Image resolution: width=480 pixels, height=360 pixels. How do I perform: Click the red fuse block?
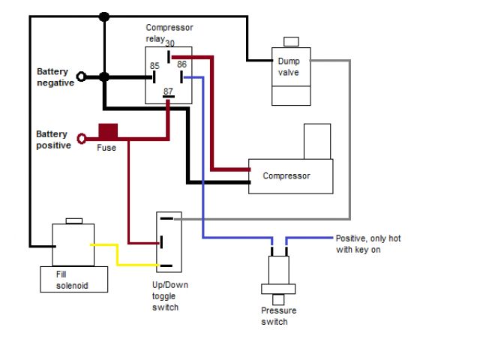pyautogui.click(x=109, y=131)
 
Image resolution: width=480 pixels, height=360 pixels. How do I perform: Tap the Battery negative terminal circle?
pyautogui.click(x=81, y=76)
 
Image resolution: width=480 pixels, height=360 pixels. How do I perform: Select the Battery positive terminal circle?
pyautogui.click(x=81, y=139)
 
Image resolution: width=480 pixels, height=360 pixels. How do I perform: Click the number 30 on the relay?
pyautogui.click(x=170, y=43)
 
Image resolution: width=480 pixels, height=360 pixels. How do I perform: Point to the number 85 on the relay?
pyautogui.click(x=154, y=66)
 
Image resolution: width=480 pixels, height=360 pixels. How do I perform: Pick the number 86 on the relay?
pyautogui.click(x=181, y=66)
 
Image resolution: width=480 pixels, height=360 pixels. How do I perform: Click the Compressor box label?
pyautogui.click(x=286, y=177)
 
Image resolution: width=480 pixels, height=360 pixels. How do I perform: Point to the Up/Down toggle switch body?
pyautogui.click(x=168, y=241)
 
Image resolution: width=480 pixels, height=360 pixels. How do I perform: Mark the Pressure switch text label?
pyautogui.click(x=279, y=316)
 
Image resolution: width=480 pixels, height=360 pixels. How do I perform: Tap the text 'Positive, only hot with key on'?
pyautogui.click(x=367, y=243)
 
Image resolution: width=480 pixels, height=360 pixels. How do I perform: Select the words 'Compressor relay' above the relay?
pyautogui.click(x=169, y=32)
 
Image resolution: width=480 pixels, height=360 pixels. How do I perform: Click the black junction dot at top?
pyautogui.click(x=104, y=16)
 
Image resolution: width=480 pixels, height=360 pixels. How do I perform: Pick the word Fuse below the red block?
pyautogui.click(x=106, y=148)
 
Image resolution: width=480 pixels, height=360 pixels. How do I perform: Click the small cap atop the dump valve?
pyautogui.click(x=291, y=41)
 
